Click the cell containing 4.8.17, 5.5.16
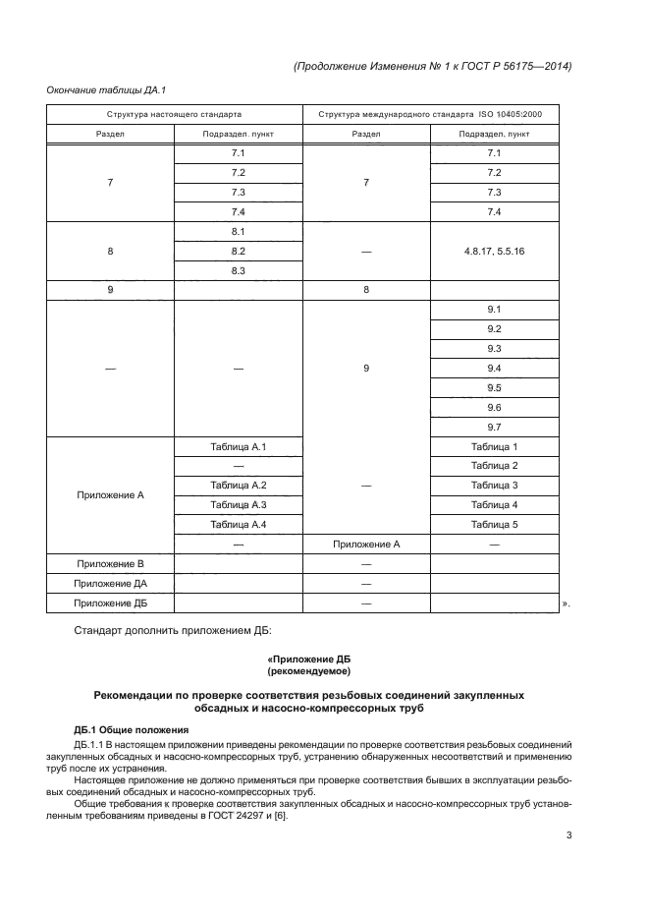point(494,252)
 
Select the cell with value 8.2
point(238,252)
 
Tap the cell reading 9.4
point(494,368)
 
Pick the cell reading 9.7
point(494,427)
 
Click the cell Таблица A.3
point(238,504)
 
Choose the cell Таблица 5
point(494,524)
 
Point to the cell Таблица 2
point(494,465)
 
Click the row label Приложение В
point(110,564)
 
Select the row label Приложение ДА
point(110,584)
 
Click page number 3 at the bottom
point(568,836)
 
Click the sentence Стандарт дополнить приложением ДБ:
point(165,628)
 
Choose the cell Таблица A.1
point(238,446)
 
